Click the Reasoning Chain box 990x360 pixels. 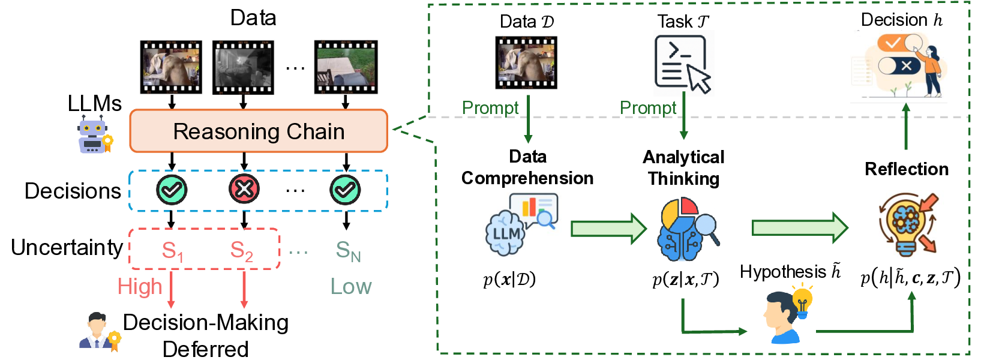tap(259, 131)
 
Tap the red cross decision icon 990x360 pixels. tap(244, 190)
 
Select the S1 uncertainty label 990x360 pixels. tap(172, 250)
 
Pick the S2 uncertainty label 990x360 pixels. tap(242, 250)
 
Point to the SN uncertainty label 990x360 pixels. tap(348, 250)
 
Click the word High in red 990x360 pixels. tap(140, 287)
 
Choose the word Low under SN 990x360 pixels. tap(351, 287)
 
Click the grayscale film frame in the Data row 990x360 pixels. tap(243, 67)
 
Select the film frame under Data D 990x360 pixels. tap(526, 62)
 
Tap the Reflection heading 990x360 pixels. tap(906, 169)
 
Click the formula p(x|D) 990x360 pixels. tap(509, 280)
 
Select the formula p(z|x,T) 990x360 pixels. tap(685, 280)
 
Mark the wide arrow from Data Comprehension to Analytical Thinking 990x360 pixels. tap(608, 228)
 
